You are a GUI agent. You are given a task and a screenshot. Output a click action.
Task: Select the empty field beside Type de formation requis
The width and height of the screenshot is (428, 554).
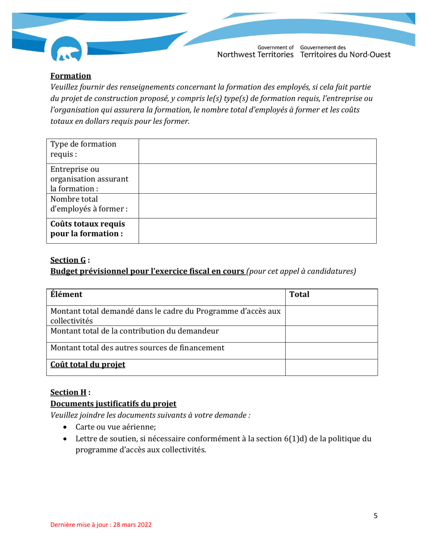pyautogui.click(x=257, y=151)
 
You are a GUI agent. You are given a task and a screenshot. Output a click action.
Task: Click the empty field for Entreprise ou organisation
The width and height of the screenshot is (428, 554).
pyautogui.click(x=257, y=179)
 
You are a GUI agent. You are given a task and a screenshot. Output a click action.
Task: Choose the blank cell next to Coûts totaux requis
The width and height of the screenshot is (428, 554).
pyautogui.click(x=257, y=231)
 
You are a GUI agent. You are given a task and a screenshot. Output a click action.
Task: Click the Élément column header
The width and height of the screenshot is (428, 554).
pyautogui.click(x=67, y=295)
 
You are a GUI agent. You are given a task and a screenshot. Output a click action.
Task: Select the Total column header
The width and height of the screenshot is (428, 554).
pyautogui.click(x=299, y=295)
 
